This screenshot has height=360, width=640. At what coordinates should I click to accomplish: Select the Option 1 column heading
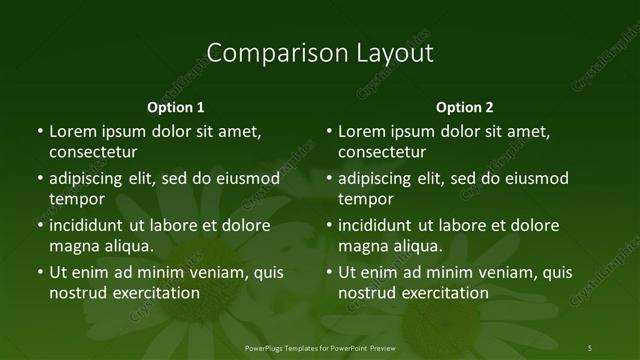(176, 107)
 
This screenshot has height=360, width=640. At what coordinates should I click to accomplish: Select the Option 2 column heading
(465, 107)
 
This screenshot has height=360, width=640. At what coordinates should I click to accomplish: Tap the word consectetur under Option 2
(382, 152)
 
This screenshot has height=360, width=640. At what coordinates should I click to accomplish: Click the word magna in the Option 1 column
(72, 246)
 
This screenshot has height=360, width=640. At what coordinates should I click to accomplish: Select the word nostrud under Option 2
(366, 293)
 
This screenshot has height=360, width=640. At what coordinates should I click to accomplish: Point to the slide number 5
(589, 347)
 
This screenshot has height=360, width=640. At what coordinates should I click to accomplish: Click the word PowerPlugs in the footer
(266, 347)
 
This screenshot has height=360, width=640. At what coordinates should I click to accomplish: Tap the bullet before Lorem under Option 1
(39, 131)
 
